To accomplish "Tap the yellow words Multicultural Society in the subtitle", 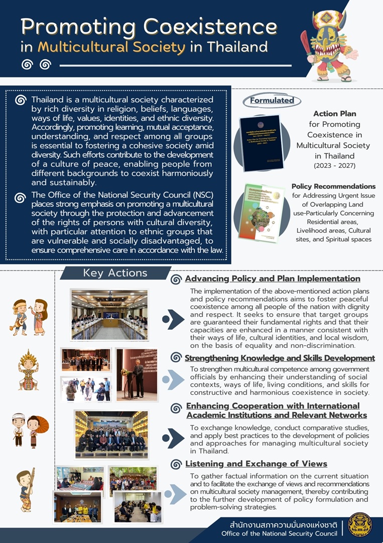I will (111, 47).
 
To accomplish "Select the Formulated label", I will (272, 100).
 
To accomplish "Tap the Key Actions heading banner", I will (115, 273).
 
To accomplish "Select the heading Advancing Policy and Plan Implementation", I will (273, 279).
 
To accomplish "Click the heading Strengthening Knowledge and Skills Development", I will (280, 358).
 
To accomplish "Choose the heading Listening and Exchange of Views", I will (256, 464).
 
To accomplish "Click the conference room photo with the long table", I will (109, 314).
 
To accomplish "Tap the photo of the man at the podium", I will (137, 375).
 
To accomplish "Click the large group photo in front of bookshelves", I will (111, 434).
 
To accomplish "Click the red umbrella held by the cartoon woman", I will (43, 425).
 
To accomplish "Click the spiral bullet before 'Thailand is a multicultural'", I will (21, 100).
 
